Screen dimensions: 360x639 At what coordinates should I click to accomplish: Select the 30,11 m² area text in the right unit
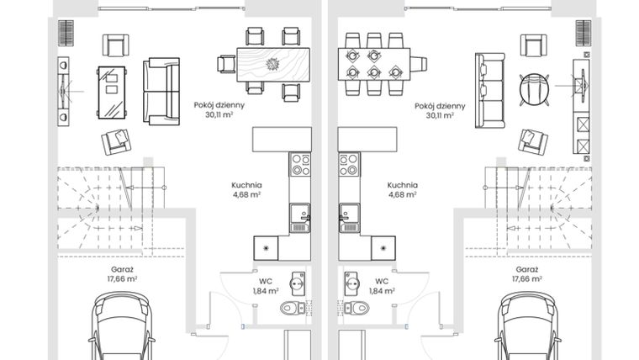click(440, 117)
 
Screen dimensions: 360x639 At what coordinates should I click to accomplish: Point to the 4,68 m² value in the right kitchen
click(402, 194)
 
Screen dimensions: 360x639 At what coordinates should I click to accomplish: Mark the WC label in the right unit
click(382, 281)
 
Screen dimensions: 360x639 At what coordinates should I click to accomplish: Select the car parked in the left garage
click(122, 328)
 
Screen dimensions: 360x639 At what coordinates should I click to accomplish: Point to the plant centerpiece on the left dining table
click(272, 64)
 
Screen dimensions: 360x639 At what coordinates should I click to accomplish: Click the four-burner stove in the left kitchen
click(300, 164)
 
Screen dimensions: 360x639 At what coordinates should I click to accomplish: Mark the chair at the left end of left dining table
click(226, 64)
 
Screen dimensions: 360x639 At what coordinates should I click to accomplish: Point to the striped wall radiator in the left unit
click(66, 33)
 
